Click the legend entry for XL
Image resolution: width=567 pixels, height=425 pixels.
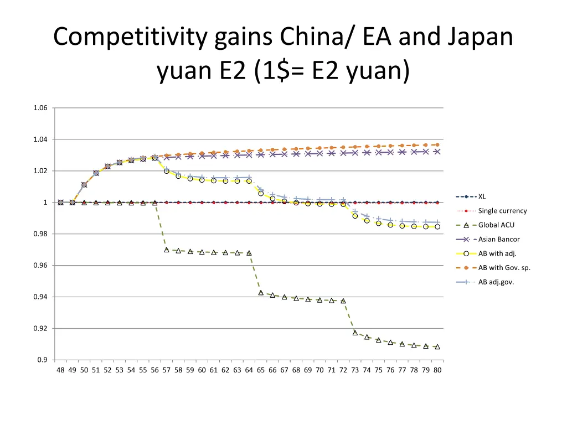482,196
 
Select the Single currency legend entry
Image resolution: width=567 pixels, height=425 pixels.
502,211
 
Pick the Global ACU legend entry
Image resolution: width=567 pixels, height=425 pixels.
496,225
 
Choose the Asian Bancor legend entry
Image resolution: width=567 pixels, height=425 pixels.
499,240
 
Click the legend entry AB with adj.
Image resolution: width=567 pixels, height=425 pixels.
497,254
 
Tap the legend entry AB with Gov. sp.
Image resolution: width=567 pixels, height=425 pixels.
504,268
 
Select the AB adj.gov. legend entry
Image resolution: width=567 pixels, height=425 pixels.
496,282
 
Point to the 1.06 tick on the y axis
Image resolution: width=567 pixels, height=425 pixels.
40,108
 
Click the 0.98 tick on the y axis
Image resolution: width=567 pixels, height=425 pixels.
40,234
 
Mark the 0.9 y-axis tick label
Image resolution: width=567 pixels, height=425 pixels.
43,360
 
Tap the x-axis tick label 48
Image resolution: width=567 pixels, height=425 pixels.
60,370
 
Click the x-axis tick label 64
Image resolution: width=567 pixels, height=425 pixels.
249,370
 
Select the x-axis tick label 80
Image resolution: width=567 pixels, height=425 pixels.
437,370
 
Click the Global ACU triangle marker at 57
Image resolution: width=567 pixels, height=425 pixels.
167,250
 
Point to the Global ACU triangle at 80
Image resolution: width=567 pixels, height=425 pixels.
437,347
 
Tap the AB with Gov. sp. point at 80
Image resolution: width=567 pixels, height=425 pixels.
437,145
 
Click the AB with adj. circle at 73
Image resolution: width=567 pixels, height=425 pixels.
355,216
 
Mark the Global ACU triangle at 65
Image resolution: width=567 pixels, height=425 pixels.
261,293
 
